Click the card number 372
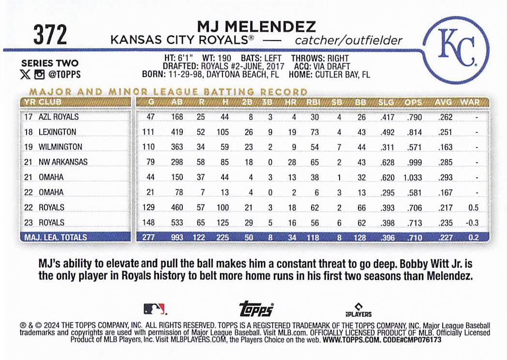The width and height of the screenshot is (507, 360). (x=50, y=35)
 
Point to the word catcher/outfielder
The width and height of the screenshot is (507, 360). (x=348, y=40)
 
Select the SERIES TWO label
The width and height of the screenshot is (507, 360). (x=50, y=63)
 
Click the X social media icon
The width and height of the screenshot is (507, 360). (x=26, y=75)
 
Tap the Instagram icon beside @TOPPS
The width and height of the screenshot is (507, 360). (x=39, y=75)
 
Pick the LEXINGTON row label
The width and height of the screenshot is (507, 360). (x=57, y=132)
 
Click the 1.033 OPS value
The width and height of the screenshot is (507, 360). (x=413, y=177)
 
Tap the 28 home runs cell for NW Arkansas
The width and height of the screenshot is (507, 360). (x=292, y=162)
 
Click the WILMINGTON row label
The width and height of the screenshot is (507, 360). (x=60, y=147)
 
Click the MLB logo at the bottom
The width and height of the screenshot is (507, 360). (x=154, y=309)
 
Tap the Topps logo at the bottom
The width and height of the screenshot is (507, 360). (x=256, y=309)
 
